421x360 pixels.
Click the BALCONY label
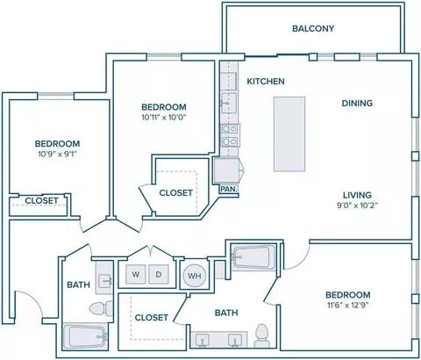(x=313, y=28)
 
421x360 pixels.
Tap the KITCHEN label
(x=266, y=81)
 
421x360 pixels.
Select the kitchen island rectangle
(x=289, y=133)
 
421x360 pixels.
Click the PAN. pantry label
(x=229, y=189)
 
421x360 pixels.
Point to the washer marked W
(x=135, y=274)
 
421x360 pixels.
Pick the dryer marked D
(x=159, y=274)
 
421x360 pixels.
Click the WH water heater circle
(x=195, y=276)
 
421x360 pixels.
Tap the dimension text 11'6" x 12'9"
(x=348, y=306)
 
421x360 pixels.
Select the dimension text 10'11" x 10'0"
(x=164, y=118)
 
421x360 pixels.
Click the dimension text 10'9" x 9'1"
(x=57, y=154)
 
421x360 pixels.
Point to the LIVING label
(x=357, y=195)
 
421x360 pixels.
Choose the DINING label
(x=357, y=103)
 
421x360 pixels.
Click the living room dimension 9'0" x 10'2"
(x=357, y=205)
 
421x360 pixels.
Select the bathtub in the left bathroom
(x=85, y=336)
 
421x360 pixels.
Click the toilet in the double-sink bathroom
(x=261, y=335)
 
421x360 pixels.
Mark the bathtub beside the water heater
(x=253, y=257)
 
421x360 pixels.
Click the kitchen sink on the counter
(x=229, y=103)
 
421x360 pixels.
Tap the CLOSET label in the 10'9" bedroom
(x=41, y=201)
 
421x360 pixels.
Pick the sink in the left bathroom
(x=104, y=281)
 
